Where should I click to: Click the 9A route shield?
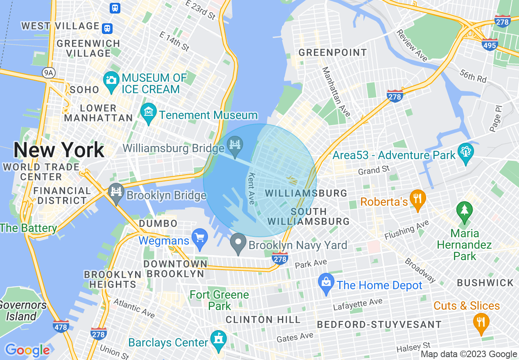click(48, 73)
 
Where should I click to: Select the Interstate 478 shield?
click(61, 326)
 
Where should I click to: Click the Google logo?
click(27, 350)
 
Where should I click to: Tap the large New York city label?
click(59, 150)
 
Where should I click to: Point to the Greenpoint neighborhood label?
click(332, 53)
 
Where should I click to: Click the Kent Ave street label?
click(251, 188)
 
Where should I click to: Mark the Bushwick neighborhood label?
click(485, 283)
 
